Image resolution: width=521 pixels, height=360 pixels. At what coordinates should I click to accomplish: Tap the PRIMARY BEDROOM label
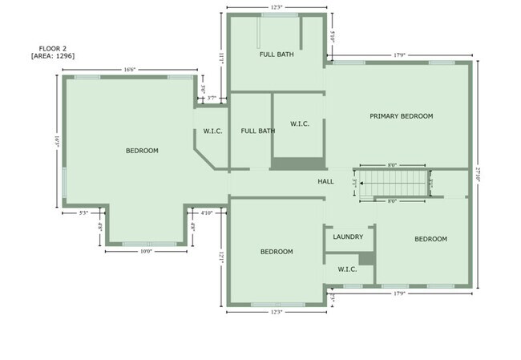pos(401,116)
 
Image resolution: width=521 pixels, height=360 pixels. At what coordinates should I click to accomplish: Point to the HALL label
pos(325,182)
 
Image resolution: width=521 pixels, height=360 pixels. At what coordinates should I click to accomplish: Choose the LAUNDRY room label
pos(348,237)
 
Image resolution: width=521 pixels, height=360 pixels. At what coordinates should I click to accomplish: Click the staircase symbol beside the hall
pos(393,183)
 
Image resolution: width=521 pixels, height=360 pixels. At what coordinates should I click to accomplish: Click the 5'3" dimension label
pos(84,213)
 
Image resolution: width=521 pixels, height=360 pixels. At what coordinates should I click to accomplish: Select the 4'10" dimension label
pos(207,213)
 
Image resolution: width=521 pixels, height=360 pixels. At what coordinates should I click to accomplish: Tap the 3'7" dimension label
pos(211,98)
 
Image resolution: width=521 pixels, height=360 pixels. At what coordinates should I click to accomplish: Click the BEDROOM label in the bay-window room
pos(142,151)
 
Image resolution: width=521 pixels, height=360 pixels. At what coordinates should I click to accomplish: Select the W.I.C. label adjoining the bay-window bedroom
pos(212,131)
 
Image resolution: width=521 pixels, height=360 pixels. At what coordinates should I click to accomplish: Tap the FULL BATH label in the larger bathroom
pos(277,55)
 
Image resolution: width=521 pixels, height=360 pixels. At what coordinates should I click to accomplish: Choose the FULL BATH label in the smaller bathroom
pos(258,131)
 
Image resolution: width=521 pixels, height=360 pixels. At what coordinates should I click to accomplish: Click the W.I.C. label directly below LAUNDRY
pos(347,269)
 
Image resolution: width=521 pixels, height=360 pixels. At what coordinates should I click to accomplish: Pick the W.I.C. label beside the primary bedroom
pos(300,123)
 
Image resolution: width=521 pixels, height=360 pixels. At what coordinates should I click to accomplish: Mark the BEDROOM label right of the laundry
pos(430,239)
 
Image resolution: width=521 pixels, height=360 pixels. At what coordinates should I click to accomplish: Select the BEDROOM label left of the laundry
pos(277,252)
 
